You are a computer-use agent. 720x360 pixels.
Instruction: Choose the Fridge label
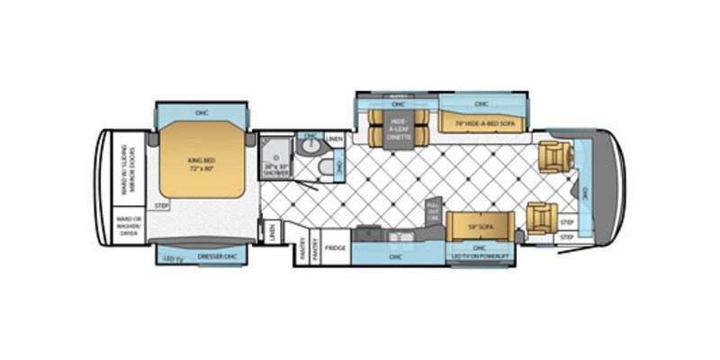(336, 247)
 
